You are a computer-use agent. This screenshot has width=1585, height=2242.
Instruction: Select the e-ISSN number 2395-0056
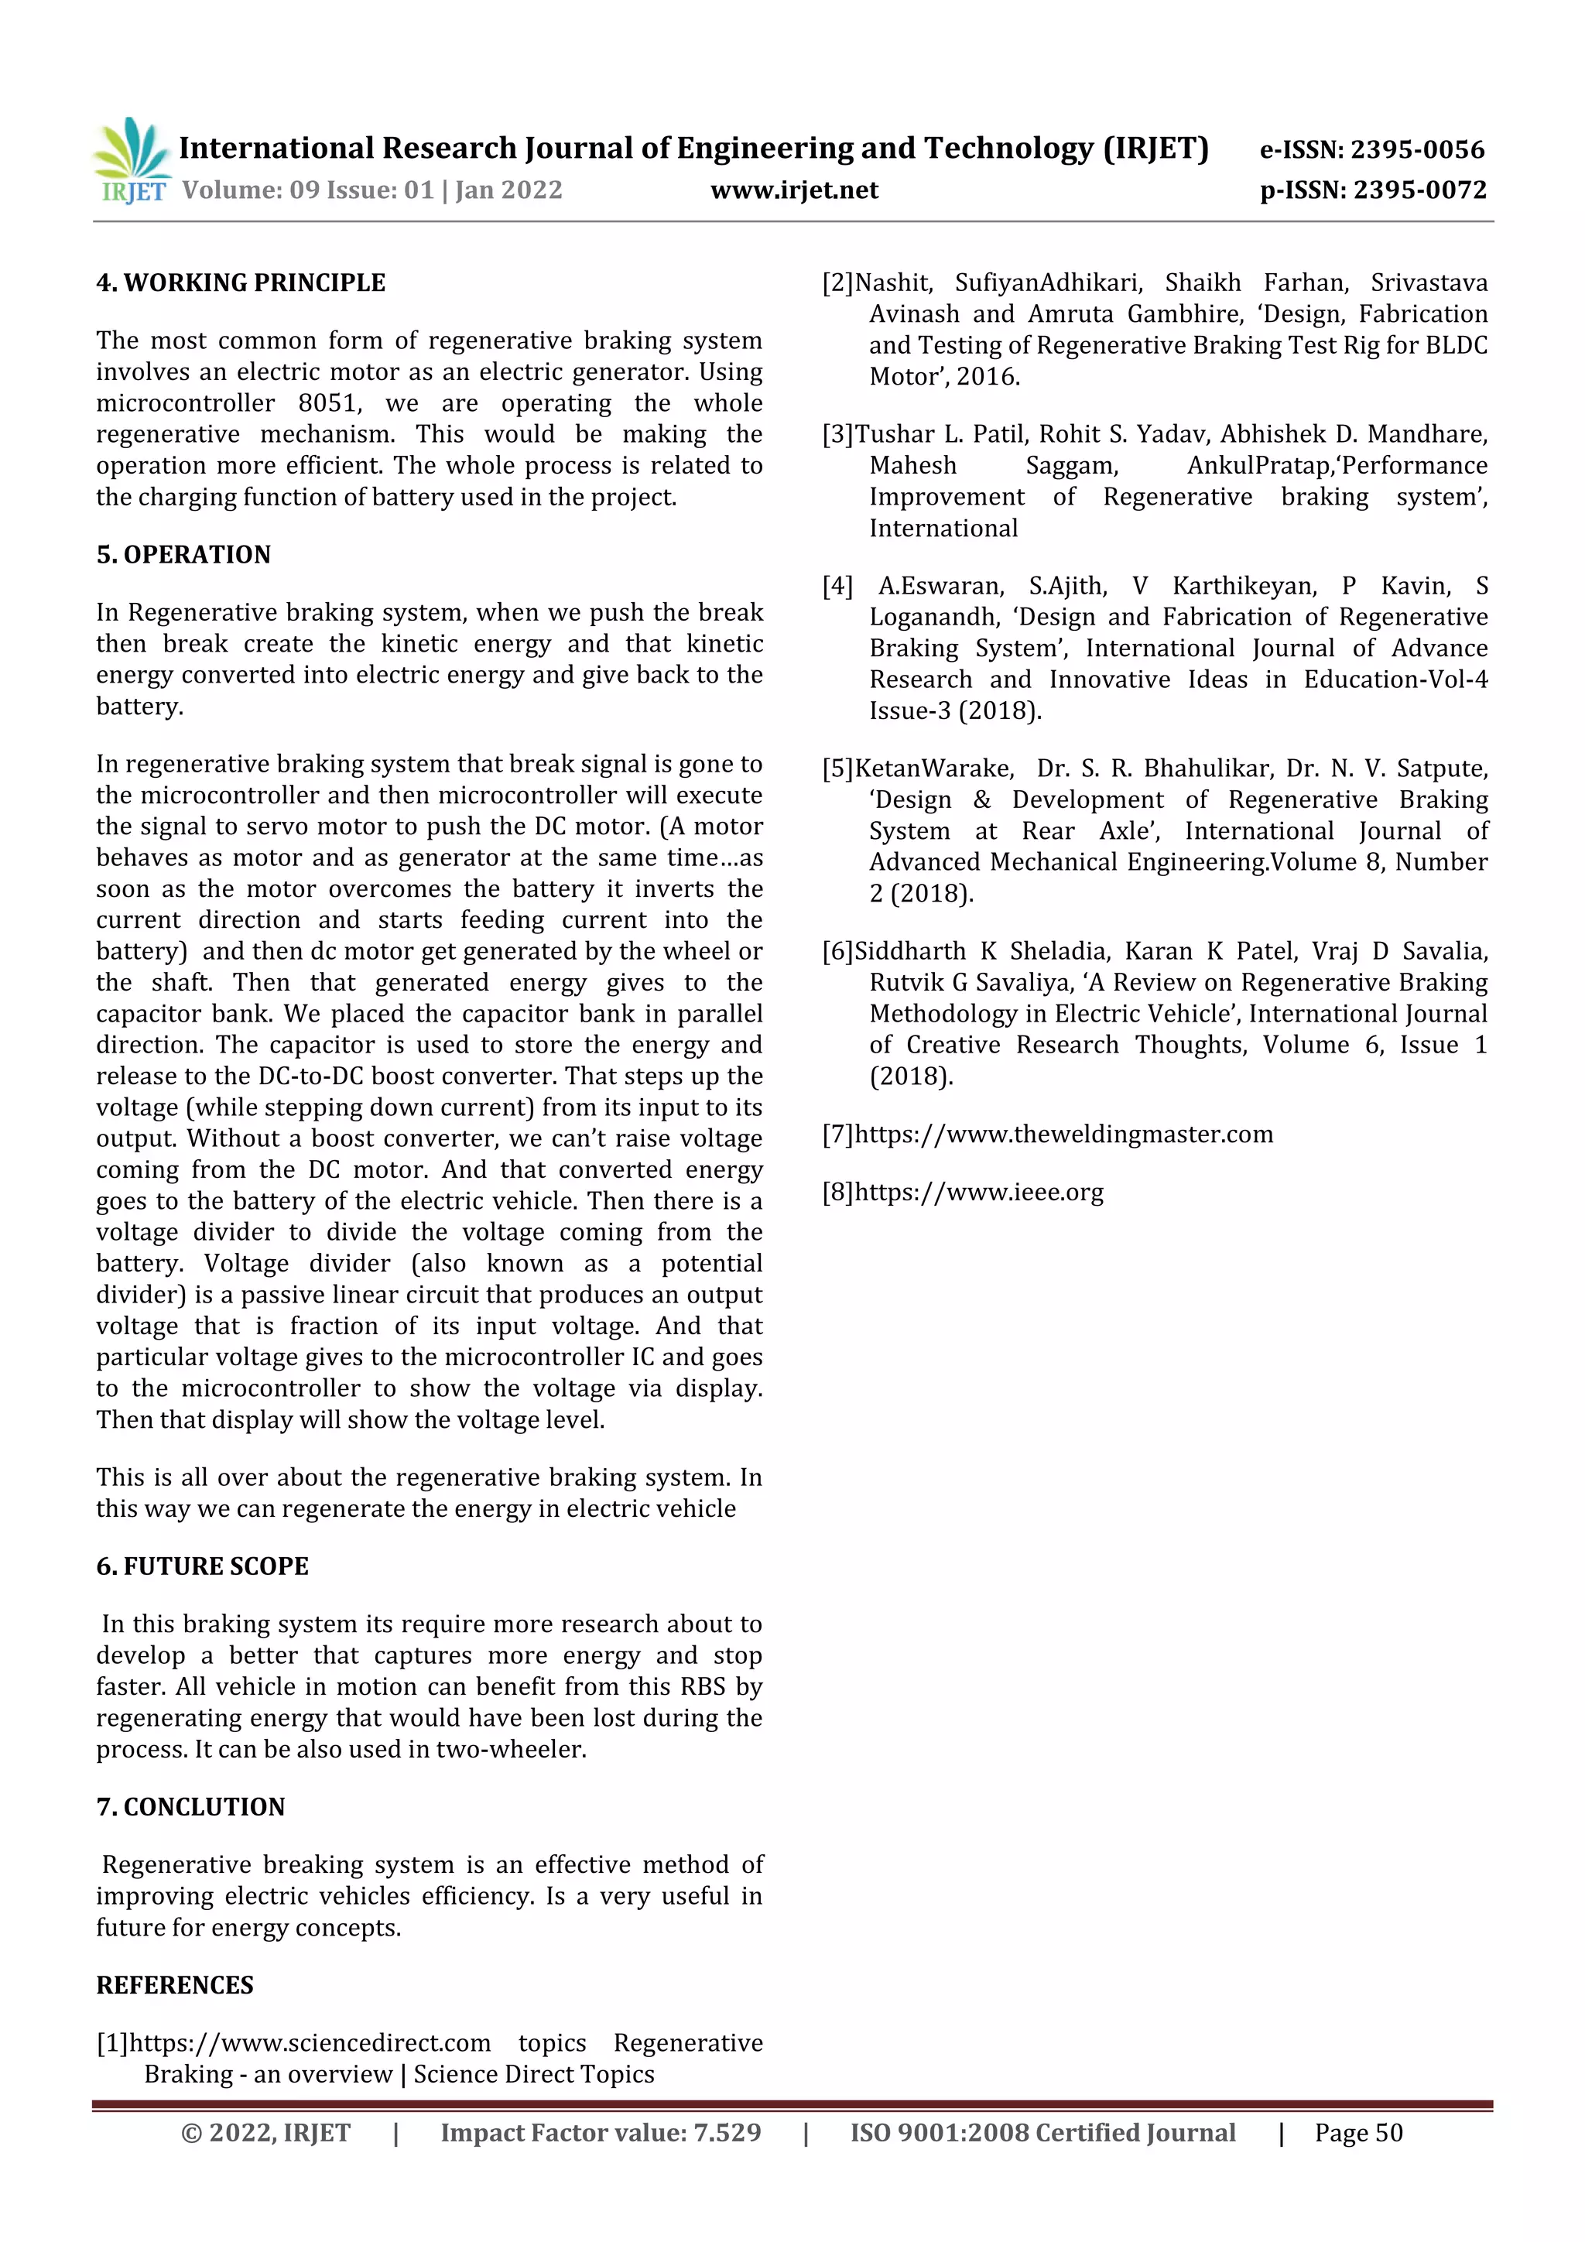(1417, 149)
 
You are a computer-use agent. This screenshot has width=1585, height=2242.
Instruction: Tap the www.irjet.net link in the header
(794, 190)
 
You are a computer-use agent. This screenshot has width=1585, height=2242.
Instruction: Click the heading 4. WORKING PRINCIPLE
(240, 283)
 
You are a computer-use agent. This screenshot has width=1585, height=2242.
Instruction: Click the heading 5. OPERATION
(183, 555)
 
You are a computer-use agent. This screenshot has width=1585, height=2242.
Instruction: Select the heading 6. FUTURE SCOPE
(201, 1566)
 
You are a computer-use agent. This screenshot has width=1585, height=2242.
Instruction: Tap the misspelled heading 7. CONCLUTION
(190, 1806)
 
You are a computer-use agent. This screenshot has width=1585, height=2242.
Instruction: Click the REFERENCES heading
(175, 1985)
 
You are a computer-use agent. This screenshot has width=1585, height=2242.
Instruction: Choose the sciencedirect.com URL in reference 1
(310, 2043)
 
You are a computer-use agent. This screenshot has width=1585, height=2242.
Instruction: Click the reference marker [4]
(837, 586)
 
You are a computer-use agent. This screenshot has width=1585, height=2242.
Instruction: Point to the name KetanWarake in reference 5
(933, 768)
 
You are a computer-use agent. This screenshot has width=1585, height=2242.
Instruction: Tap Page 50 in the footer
(1357, 2133)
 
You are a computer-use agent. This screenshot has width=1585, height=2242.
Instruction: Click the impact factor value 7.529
(727, 2133)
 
